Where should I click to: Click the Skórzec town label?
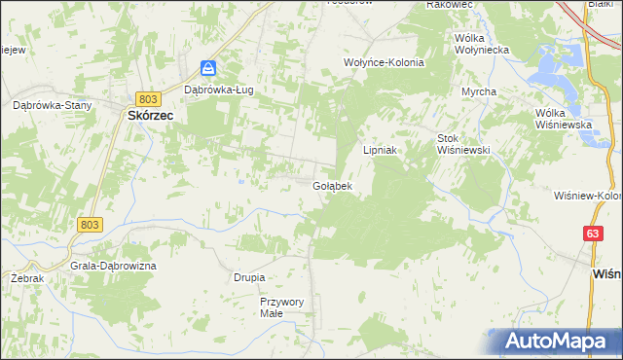[150, 114]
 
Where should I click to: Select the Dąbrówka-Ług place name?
[219, 90]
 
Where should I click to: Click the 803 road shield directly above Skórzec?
[148, 99]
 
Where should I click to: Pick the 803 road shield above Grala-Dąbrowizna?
[89, 224]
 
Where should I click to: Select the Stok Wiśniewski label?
[461, 144]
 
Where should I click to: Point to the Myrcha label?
[479, 91]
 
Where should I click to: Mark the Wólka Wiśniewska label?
[564, 119]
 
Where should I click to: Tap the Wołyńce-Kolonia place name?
[380, 61]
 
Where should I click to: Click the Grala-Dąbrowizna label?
[114, 266]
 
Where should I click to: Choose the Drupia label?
[249, 277]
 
